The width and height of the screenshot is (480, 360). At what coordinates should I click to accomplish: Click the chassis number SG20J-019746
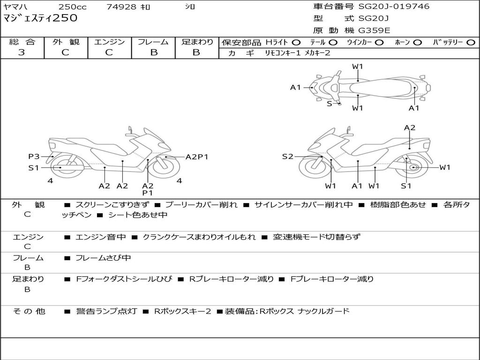(x=394, y=7)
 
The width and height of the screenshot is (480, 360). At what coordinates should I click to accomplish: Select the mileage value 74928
(x=121, y=7)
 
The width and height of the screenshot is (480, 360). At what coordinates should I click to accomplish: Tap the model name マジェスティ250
(x=40, y=19)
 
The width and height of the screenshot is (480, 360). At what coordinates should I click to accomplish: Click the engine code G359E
(x=374, y=30)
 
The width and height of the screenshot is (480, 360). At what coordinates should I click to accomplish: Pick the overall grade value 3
(x=22, y=52)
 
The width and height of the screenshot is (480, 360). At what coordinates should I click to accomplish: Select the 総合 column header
(x=22, y=42)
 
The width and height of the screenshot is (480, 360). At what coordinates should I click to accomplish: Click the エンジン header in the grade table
(x=109, y=42)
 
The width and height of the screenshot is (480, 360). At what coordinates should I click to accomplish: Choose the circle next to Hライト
(x=296, y=43)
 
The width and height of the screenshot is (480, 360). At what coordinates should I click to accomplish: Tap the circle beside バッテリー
(x=471, y=43)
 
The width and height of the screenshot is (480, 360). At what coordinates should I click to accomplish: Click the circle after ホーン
(x=417, y=43)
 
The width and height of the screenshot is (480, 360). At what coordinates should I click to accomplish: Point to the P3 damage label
(x=34, y=157)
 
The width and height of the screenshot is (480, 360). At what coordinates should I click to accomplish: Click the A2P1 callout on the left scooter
(x=196, y=157)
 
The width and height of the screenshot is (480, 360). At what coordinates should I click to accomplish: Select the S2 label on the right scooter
(x=287, y=157)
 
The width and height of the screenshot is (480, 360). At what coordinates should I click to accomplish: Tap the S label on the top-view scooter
(x=329, y=104)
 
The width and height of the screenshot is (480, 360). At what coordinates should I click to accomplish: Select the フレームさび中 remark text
(x=103, y=258)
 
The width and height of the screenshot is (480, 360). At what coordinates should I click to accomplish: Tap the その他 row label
(x=29, y=311)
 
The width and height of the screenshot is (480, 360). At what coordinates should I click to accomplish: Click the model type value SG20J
(x=374, y=19)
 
